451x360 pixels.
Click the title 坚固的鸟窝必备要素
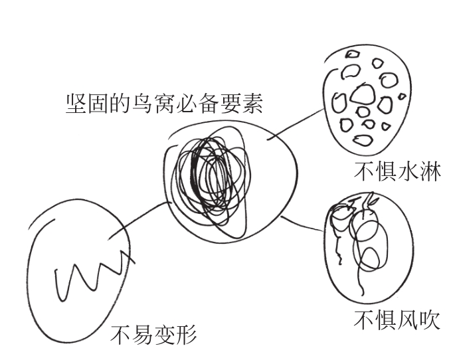[165, 104]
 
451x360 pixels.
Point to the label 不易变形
[153, 333]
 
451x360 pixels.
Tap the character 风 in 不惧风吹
[399, 320]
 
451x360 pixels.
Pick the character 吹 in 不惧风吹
[421, 320]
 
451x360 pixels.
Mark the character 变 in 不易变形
[165, 333]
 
